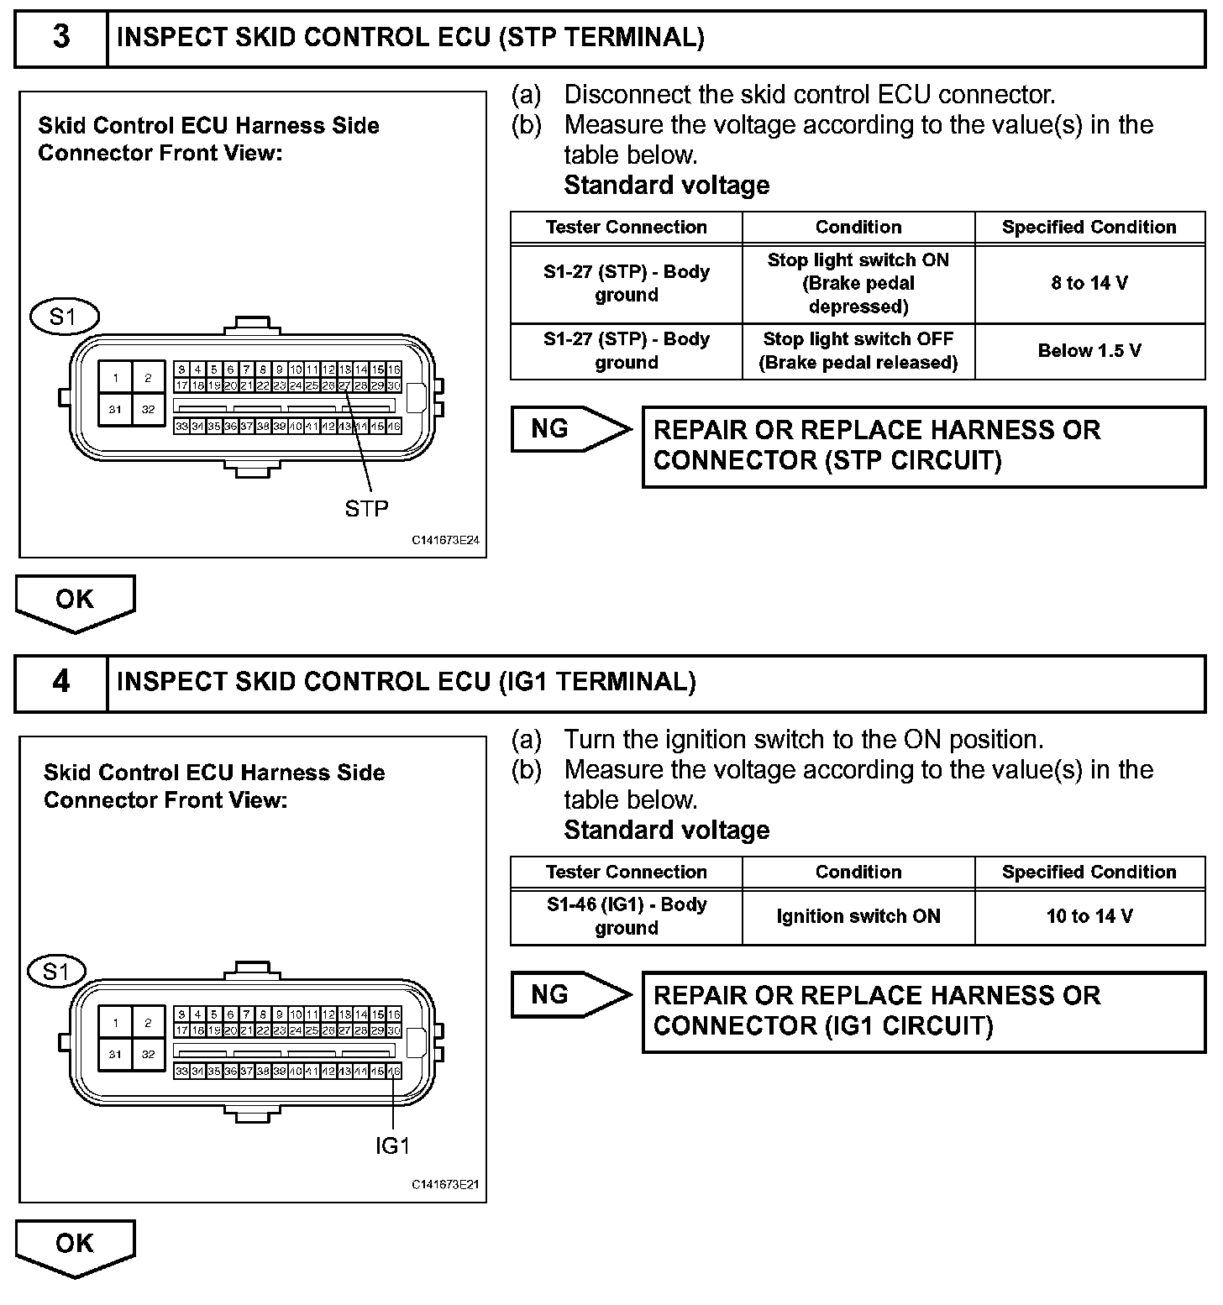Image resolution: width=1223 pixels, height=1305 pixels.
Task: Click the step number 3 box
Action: [61, 38]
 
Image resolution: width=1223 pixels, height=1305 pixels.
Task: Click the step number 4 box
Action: [61, 682]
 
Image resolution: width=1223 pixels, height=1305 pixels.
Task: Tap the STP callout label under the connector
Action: [367, 508]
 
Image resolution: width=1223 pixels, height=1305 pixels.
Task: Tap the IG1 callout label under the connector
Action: [392, 1145]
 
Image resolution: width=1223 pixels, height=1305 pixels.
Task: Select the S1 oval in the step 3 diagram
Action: [64, 317]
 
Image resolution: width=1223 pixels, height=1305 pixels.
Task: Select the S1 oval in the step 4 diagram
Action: [57, 972]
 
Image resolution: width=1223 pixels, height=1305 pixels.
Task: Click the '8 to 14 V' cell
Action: [1089, 284]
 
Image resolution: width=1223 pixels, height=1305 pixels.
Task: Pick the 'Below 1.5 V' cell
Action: [1089, 351]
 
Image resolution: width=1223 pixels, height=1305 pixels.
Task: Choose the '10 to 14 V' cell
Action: [1089, 916]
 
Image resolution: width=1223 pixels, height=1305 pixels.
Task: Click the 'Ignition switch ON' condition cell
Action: [858, 916]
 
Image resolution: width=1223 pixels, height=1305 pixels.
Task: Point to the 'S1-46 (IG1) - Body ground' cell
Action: [626, 916]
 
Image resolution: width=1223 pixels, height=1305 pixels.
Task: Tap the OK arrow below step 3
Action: [75, 601]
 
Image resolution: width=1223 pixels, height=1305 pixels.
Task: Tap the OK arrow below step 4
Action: [75, 1245]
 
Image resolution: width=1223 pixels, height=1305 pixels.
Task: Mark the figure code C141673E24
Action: [445, 541]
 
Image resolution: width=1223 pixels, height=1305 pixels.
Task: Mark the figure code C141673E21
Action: [445, 1185]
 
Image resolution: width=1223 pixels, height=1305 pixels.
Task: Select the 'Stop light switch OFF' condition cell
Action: [858, 351]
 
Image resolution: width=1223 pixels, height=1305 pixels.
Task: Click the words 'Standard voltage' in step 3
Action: [666, 186]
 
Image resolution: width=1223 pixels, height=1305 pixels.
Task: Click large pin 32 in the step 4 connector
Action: [149, 1055]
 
